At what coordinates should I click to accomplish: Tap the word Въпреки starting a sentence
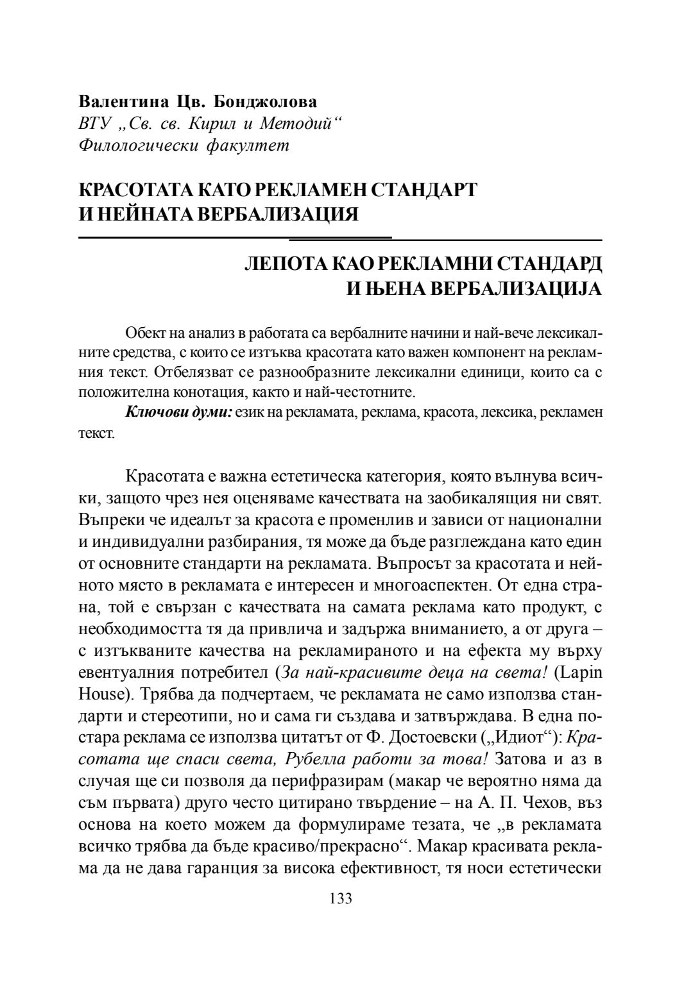click(107, 519)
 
